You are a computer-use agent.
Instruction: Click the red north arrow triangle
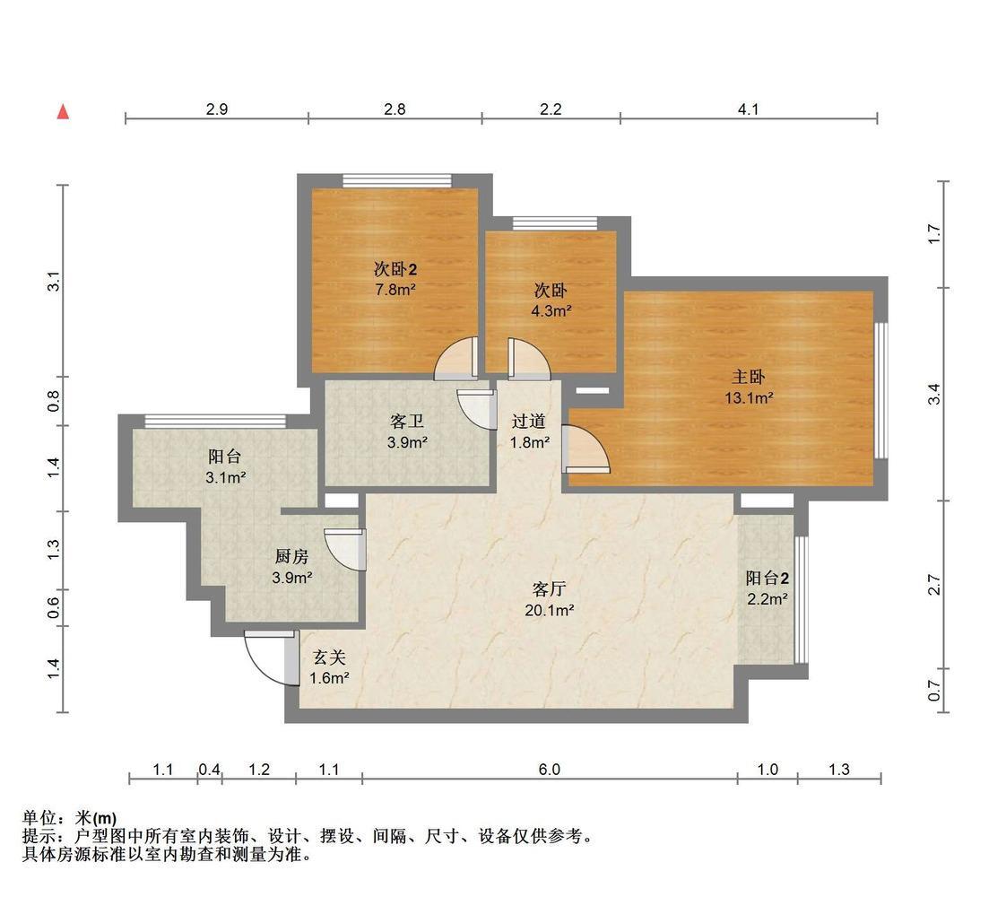(x=63, y=112)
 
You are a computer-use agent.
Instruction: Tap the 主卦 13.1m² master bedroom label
(x=749, y=388)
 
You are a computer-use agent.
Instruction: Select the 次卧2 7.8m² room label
(x=395, y=278)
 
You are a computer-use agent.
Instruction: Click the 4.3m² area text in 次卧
(x=551, y=311)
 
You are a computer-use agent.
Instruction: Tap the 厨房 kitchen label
(x=291, y=567)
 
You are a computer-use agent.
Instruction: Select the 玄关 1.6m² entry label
(x=328, y=667)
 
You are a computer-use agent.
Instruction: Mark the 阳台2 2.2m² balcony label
(x=767, y=588)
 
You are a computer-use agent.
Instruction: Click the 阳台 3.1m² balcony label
(x=225, y=466)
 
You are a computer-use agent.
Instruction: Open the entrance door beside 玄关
(x=269, y=657)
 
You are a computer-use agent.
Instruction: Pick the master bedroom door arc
(x=587, y=450)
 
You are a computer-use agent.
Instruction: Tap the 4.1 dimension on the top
(x=749, y=109)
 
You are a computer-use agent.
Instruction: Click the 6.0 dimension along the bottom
(x=550, y=770)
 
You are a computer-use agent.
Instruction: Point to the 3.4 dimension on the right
(x=934, y=393)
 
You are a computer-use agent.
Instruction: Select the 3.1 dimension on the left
(x=55, y=281)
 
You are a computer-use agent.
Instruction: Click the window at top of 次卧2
(x=397, y=181)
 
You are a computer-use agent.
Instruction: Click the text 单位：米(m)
(x=69, y=818)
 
